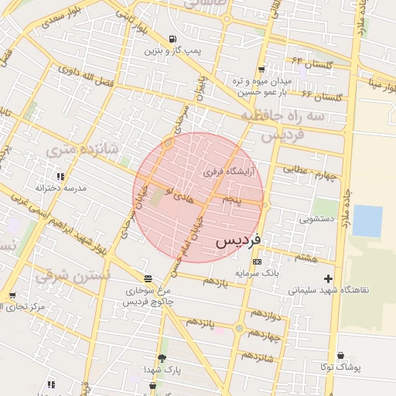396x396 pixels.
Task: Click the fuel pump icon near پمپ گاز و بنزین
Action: pyautogui.click(x=171, y=39)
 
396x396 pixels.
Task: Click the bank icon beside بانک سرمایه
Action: pyautogui.click(x=257, y=261)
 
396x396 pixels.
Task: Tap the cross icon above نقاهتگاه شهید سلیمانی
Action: pyautogui.click(x=329, y=278)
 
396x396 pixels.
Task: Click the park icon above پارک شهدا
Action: pyautogui.click(x=162, y=357)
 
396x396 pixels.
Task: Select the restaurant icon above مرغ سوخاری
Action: pyautogui.click(x=148, y=278)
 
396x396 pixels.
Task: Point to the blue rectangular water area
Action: pyautogui.click(x=367, y=221)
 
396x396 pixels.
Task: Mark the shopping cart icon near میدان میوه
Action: pyautogui.click(x=261, y=69)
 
